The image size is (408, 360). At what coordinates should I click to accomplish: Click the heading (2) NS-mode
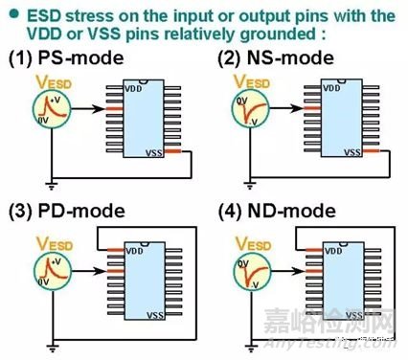[x=272, y=58]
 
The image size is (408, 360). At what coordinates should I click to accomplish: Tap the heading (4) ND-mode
[x=273, y=213]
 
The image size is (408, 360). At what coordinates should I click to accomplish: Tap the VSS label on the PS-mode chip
[x=153, y=151]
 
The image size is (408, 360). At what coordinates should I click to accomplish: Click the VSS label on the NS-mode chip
[x=354, y=151]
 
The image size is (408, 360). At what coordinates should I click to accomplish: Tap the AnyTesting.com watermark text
[x=355, y=349]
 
